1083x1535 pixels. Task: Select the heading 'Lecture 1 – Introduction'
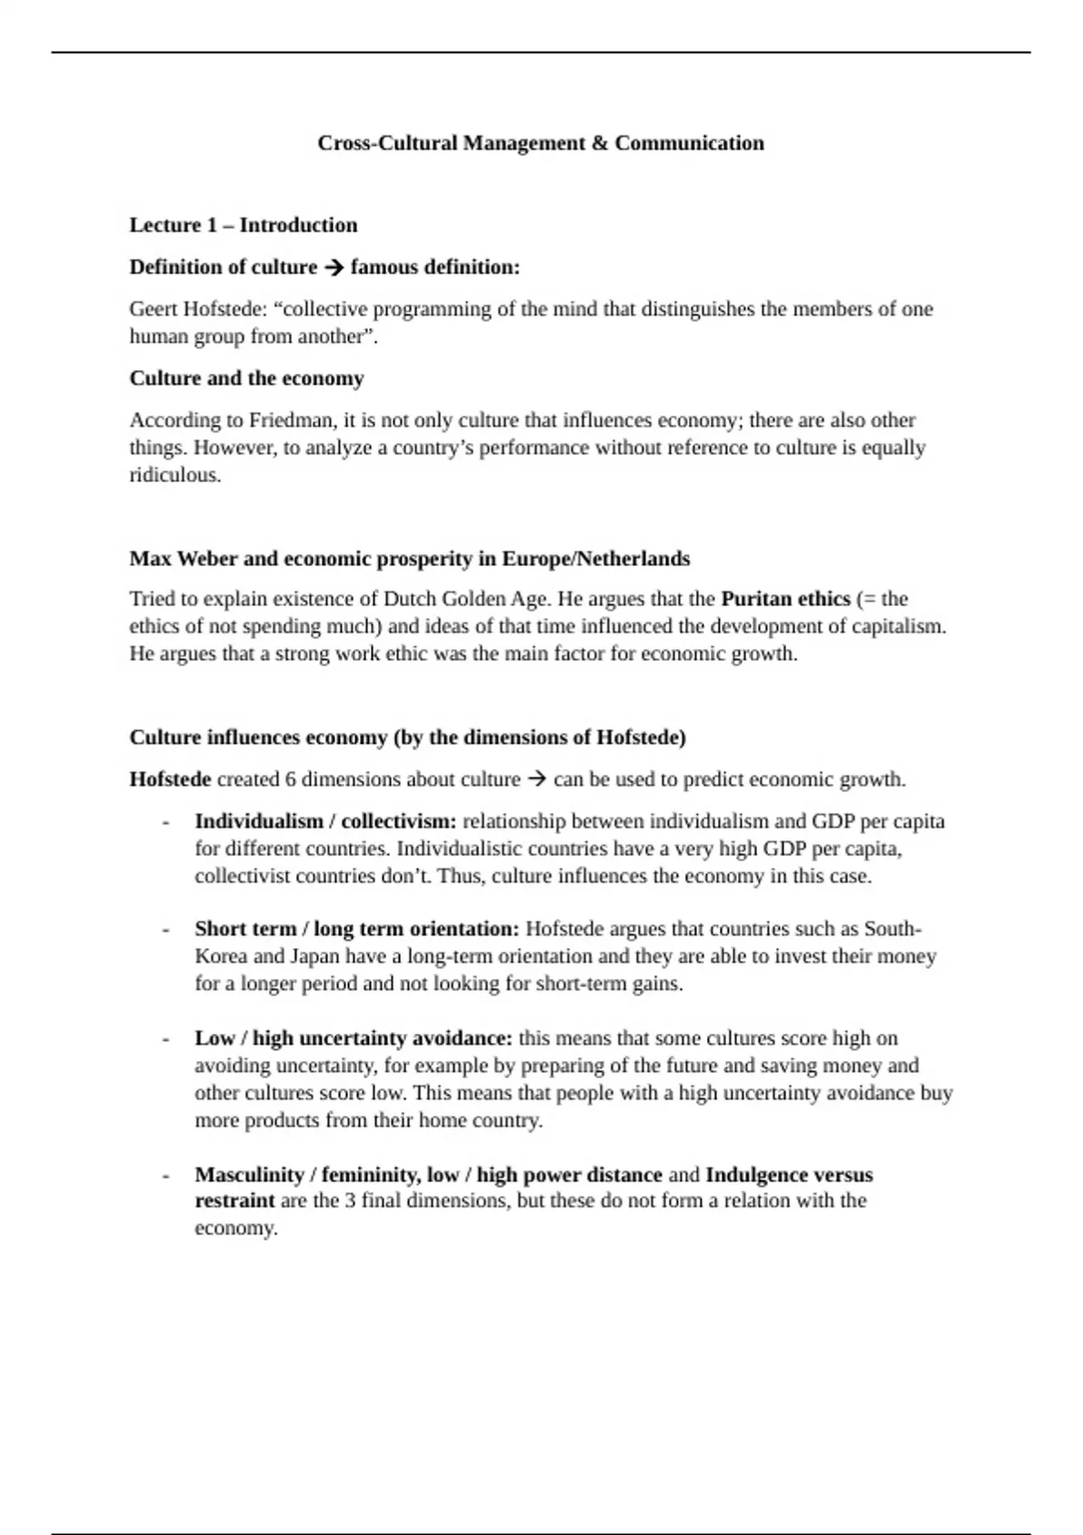click(x=243, y=225)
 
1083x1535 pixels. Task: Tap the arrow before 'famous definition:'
click(x=333, y=267)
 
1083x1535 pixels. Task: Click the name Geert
click(x=153, y=309)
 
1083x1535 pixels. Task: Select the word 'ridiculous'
click(x=174, y=475)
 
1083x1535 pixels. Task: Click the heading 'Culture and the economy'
click(x=246, y=378)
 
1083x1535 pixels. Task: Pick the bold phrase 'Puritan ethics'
click(x=785, y=599)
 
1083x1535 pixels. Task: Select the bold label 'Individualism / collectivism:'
click(x=326, y=822)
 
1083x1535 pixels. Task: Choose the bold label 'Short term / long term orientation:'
click(x=356, y=929)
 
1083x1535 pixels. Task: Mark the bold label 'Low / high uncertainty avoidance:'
click(x=353, y=1038)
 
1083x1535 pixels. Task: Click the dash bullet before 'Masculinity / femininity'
click(x=166, y=1176)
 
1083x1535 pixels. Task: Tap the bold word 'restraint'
click(x=235, y=1201)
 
